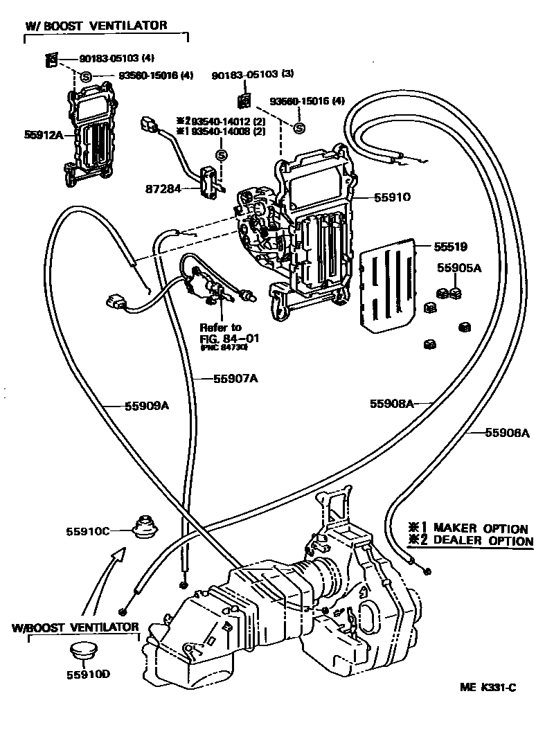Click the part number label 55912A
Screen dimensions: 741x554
(43, 135)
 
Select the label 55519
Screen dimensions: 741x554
(451, 245)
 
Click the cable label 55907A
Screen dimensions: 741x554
(235, 378)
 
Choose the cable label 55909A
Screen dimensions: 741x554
(147, 406)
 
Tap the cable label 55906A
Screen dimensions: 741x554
(507, 433)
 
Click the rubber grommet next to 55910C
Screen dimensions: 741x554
(145, 528)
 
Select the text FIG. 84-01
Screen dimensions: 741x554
(224, 338)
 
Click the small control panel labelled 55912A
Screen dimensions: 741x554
(93, 135)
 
